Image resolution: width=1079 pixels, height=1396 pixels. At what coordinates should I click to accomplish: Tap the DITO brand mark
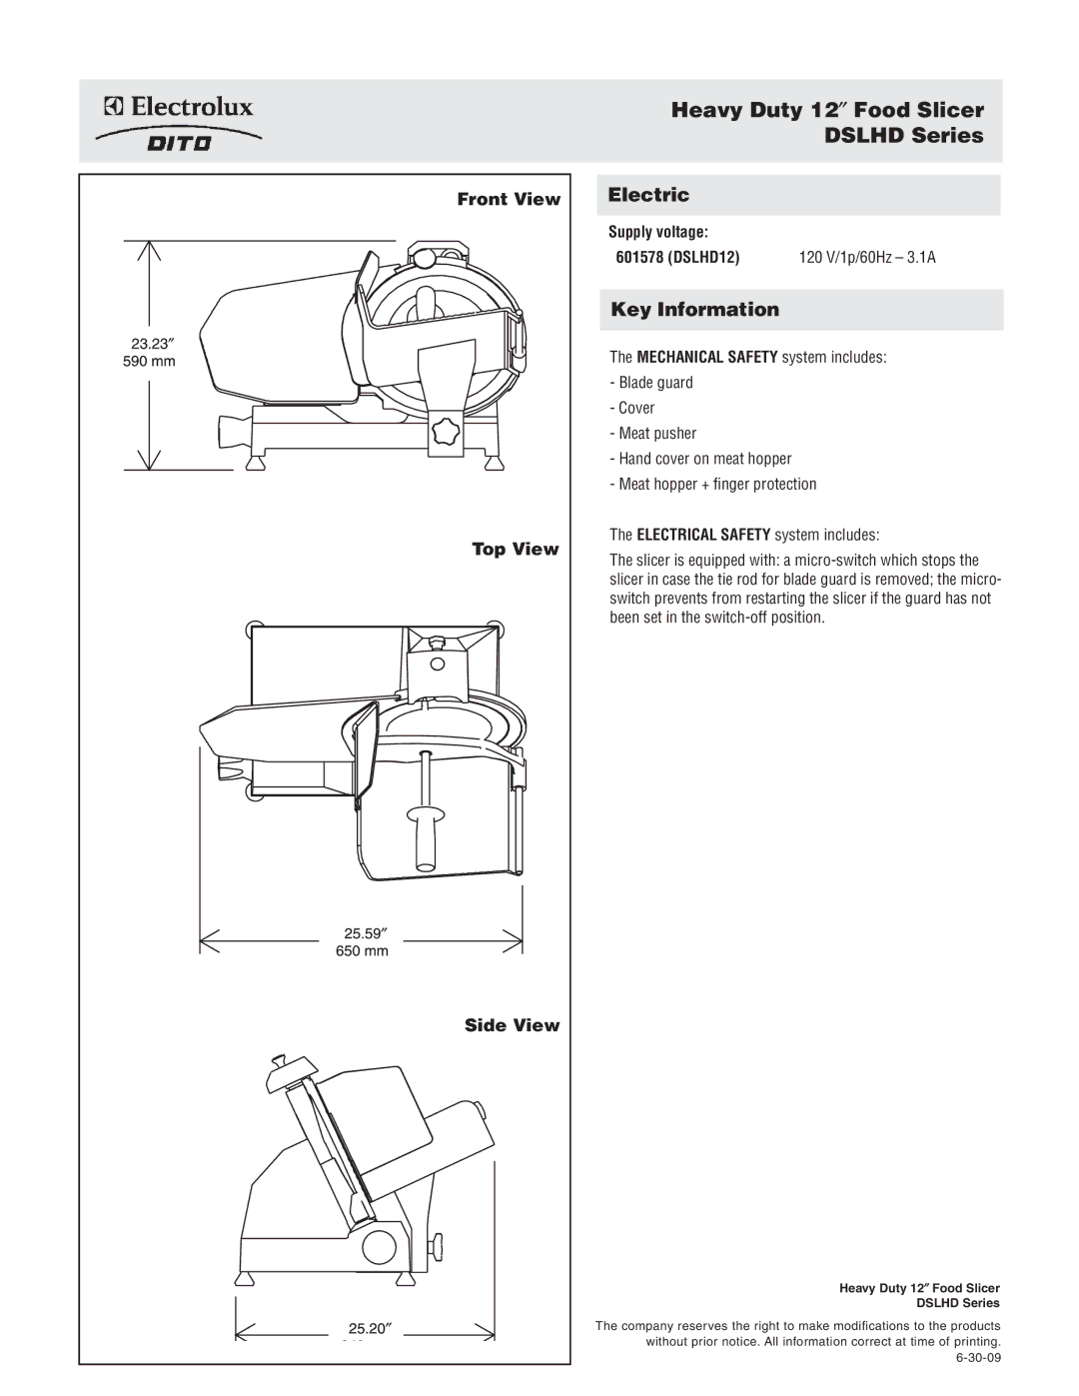click(x=180, y=143)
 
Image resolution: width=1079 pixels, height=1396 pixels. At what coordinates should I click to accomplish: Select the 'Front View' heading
click(x=509, y=199)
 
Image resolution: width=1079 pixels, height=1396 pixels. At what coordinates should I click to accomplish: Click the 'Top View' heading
click(x=515, y=549)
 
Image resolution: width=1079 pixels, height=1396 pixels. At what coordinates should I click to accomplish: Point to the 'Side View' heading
click(x=512, y=1025)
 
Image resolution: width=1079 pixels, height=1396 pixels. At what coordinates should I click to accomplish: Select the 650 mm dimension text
click(x=362, y=950)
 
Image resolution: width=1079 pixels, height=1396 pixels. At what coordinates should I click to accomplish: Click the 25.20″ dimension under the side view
click(x=369, y=1328)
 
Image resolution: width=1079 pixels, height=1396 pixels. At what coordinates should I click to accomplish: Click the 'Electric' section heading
click(x=649, y=195)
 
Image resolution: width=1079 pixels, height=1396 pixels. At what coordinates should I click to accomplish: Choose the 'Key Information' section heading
click(x=694, y=310)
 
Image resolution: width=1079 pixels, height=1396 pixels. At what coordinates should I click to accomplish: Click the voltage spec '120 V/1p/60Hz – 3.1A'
click(x=866, y=258)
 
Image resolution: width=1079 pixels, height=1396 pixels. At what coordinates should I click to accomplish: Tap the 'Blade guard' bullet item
click(x=654, y=383)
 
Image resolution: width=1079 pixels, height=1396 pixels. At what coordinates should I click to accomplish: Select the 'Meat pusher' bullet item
click(x=656, y=434)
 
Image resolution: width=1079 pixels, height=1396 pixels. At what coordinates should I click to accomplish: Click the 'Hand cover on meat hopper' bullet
click(x=703, y=459)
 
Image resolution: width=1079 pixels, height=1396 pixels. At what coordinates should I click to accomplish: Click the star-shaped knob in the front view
click(x=445, y=433)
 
